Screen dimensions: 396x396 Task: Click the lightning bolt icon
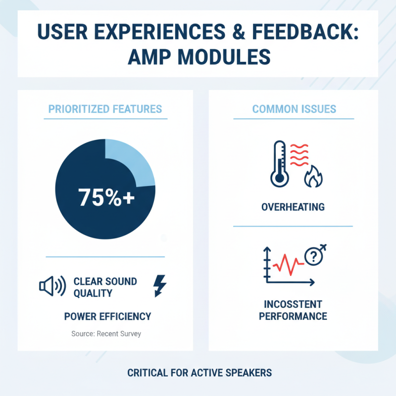pyautogui.click(x=161, y=285)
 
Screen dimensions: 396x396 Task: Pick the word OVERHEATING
pyautogui.click(x=293, y=206)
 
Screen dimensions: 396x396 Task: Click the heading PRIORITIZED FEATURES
pyautogui.click(x=105, y=109)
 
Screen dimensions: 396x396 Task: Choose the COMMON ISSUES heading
pyautogui.click(x=294, y=109)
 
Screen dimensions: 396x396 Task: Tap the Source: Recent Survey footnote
pyautogui.click(x=106, y=334)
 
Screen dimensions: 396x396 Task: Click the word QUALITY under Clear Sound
pyautogui.click(x=93, y=293)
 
